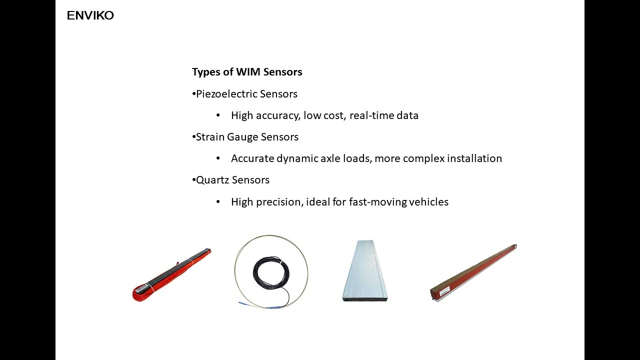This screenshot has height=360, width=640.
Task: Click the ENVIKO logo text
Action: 90,15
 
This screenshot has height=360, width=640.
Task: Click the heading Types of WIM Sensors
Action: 247,72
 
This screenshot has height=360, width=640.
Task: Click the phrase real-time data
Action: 383,115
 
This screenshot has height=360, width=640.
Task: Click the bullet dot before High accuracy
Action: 218,115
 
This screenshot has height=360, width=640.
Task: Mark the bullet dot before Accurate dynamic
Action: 218,158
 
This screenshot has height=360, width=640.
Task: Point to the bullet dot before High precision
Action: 218,202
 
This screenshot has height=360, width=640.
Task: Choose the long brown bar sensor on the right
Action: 472,272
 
